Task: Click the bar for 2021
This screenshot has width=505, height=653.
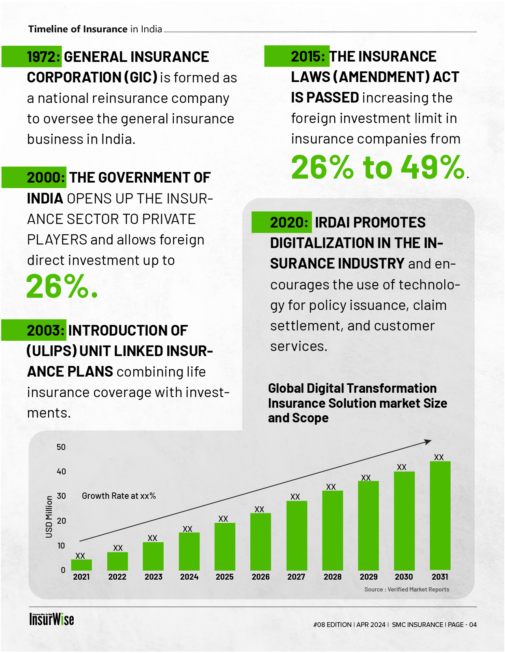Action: point(81,565)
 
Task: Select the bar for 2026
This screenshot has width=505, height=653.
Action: point(261,541)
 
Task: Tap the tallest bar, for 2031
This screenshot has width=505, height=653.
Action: point(440,515)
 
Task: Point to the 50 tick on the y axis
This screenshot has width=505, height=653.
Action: point(61,447)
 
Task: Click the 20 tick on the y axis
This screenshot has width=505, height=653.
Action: point(61,521)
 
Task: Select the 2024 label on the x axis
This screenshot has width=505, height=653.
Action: point(189,577)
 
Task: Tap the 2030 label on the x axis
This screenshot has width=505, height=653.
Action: point(404,577)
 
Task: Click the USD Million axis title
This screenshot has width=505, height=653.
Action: point(49,517)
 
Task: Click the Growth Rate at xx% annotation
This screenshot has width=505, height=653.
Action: point(119,496)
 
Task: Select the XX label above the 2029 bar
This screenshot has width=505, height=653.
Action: point(366,478)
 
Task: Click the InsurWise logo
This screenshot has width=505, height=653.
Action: point(52,619)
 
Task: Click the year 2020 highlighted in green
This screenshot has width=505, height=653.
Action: point(289,223)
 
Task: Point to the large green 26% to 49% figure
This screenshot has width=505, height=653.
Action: point(378,167)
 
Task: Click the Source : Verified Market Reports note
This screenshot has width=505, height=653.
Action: point(406,590)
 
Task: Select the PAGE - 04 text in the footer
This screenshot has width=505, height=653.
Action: point(462,625)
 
